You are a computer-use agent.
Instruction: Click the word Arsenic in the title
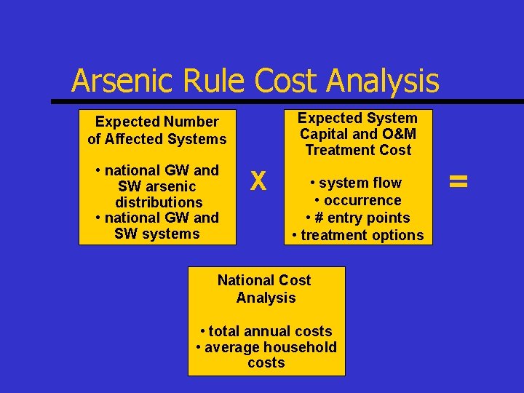(x=117, y=81)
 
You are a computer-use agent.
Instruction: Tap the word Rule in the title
(x=208, y=81)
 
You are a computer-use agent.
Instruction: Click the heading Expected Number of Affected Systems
(x=157, y=130)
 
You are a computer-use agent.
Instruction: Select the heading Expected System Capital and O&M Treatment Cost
(x=358, y=134)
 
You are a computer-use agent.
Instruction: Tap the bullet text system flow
(x=360, y=183)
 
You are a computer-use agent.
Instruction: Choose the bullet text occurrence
(x=358, y=200)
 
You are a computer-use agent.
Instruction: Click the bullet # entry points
(x=358, y=218)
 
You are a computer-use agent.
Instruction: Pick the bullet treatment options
(x=357, y=235)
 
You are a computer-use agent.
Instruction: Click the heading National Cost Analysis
(x=266, y=289)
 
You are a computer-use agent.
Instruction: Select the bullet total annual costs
(x=266, y=331)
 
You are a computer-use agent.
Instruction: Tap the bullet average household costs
(x=266, y=355)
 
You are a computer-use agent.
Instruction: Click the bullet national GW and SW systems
(x=157, y=226)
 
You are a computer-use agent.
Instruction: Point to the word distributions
(x=159, y=202)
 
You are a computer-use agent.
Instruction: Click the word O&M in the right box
(x=395, y=134)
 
